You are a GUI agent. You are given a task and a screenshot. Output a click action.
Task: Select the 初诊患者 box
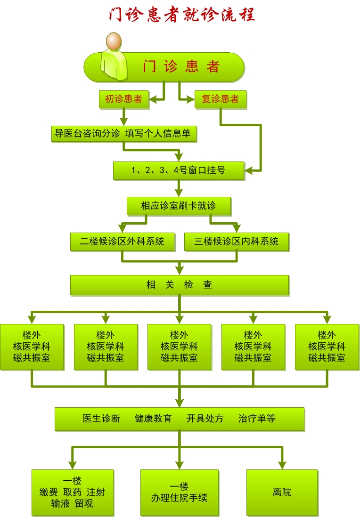click(x=123, y=99)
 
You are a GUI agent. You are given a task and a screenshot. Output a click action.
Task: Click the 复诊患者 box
click(x=220, y=99)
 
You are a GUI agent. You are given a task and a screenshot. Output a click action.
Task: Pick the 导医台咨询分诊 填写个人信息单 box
click(x=123, y=133)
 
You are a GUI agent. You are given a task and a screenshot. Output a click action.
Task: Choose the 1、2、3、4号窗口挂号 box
click(x=179, y=170)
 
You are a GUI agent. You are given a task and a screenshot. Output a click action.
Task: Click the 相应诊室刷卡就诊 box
click(x=179, y=206)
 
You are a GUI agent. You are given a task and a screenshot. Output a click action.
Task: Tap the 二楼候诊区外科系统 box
click(x=122, y=242)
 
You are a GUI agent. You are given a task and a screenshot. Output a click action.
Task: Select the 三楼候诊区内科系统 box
click(x=236, y=242)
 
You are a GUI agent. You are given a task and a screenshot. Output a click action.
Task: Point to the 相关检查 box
click(x=179, y=285)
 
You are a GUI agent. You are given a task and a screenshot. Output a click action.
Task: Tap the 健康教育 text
click(x=153, y=419)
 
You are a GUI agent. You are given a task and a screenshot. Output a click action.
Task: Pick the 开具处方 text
click(x=205, y=419)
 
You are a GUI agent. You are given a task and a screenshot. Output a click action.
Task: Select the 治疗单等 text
click(x=257, y=419)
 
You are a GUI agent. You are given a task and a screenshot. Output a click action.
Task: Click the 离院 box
click(x=282, y=492)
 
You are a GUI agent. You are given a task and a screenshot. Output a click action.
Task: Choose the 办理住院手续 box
click(x=179, y=492)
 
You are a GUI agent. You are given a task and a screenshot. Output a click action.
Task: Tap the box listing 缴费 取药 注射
click(x=73, y=492)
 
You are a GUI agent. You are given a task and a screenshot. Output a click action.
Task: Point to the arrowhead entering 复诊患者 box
click(x=190, y=99)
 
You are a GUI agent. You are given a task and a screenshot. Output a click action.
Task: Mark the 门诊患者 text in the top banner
click(x=181, y=66)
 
